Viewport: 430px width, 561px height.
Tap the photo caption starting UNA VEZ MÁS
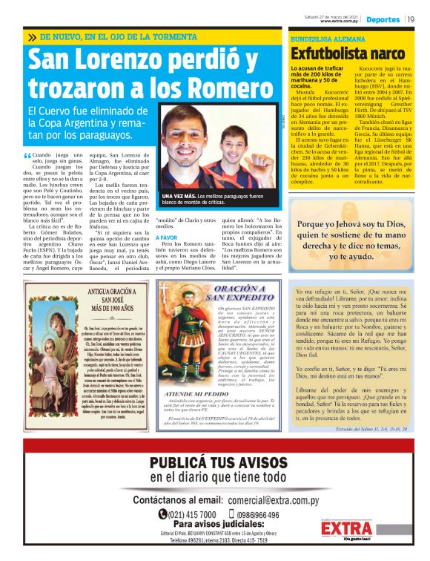[222, 198]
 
